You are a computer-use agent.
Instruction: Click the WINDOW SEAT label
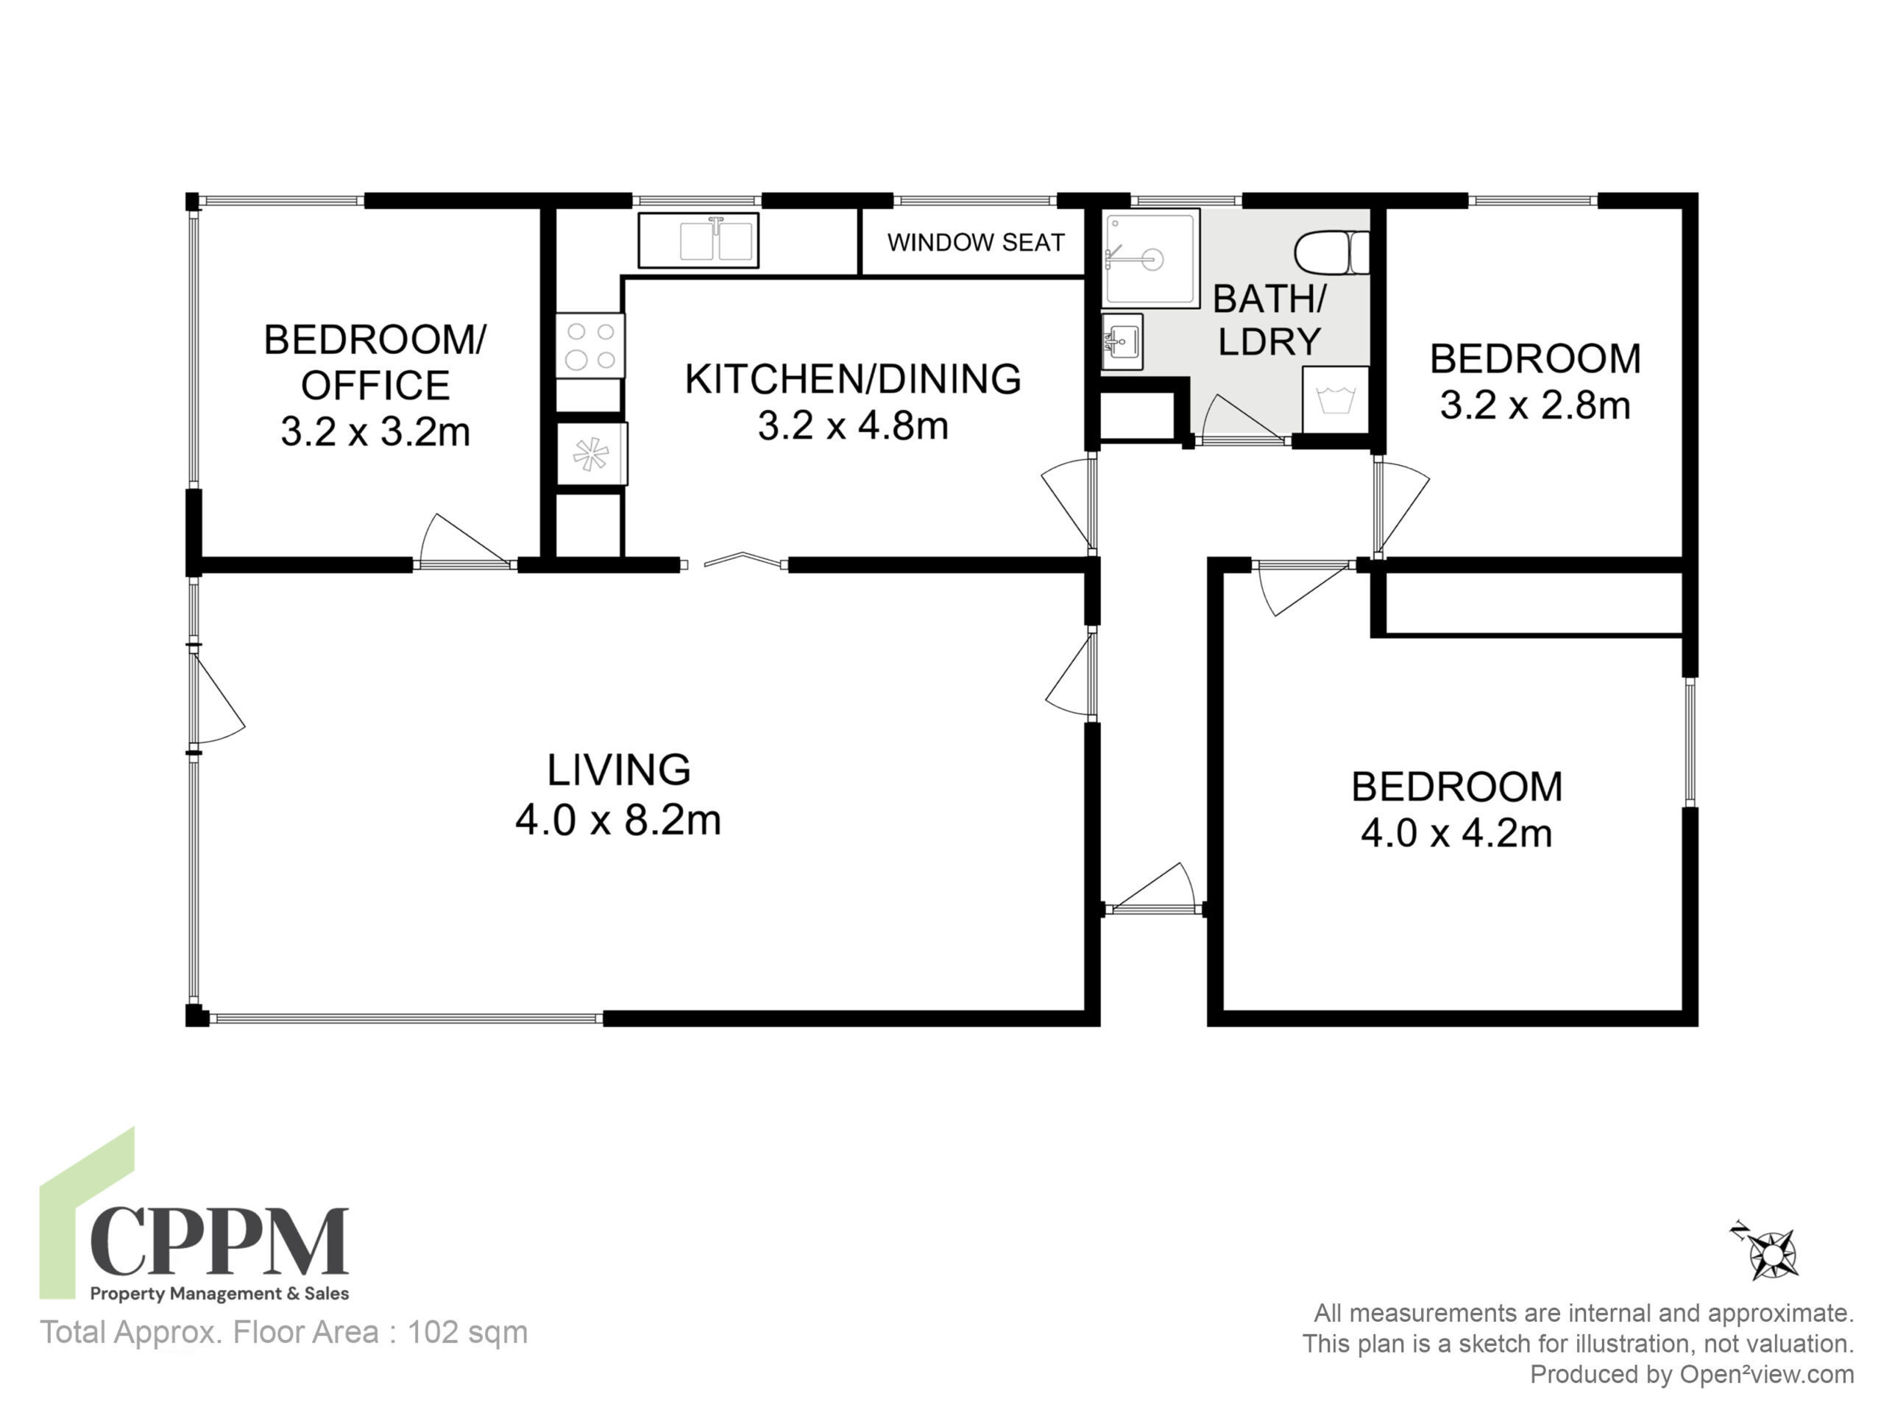(x=975, y=243)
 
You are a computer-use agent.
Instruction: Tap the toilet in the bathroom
(x=1331, y=252)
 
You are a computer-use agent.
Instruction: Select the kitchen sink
(x=698, y=240)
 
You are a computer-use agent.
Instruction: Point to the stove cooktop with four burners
(x=590, y=346)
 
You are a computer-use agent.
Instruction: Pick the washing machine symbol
(x=1336, y=399)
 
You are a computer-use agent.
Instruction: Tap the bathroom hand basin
(x=1121, y=342)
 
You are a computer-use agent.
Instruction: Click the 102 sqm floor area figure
(x=467, y=1332)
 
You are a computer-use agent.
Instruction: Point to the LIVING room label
(x=618, y=770)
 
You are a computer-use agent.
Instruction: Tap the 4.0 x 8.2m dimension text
(x=618, y=821)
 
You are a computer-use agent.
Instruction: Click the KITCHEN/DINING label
(x=852, y=379)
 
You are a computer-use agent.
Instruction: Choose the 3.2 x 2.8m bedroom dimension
(x=1534, y=406)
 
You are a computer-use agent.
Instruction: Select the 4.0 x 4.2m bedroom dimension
(x=1456, y=833)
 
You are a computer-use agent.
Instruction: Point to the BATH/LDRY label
(x=1269, y=320)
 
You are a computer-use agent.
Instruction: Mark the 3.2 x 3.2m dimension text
(x=375, y=432)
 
